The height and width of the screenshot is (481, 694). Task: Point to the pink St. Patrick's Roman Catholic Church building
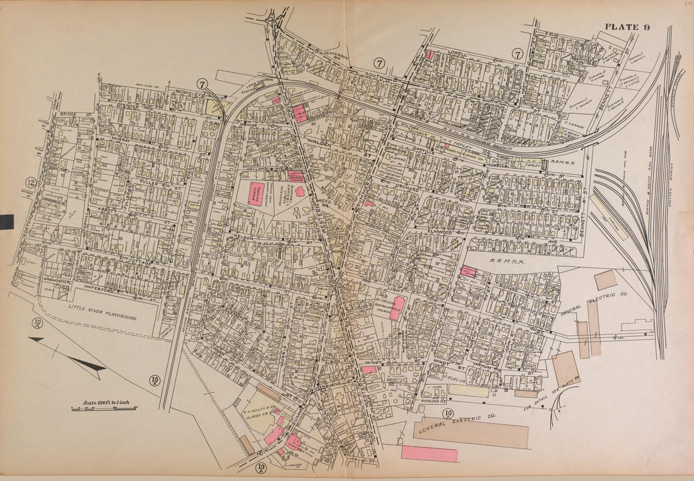click(x=397, y=308)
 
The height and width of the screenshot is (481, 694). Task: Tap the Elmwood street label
click(x=441, y=233)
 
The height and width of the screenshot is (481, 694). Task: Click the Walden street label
click(x=319, y=143)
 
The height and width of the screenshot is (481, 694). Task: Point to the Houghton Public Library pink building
click(x=300, y=191)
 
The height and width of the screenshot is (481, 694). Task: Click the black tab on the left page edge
click(x=6, y=222)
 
